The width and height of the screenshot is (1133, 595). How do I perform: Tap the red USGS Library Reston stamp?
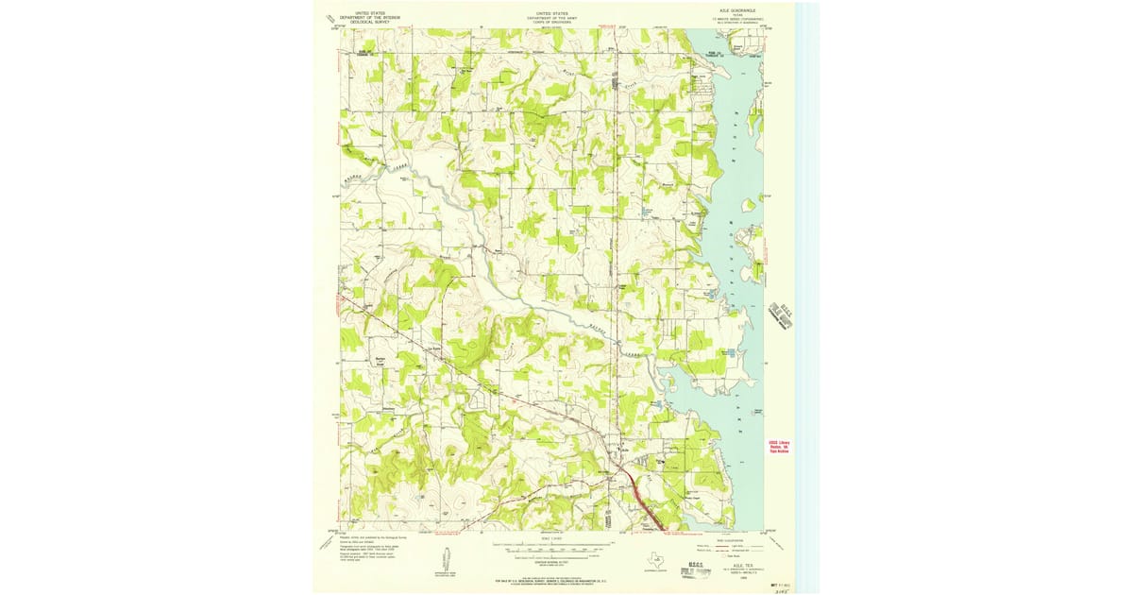pyautogui.click(x=778, y=445)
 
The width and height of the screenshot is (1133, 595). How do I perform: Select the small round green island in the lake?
pyautogui.click(x=748, y=204)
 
